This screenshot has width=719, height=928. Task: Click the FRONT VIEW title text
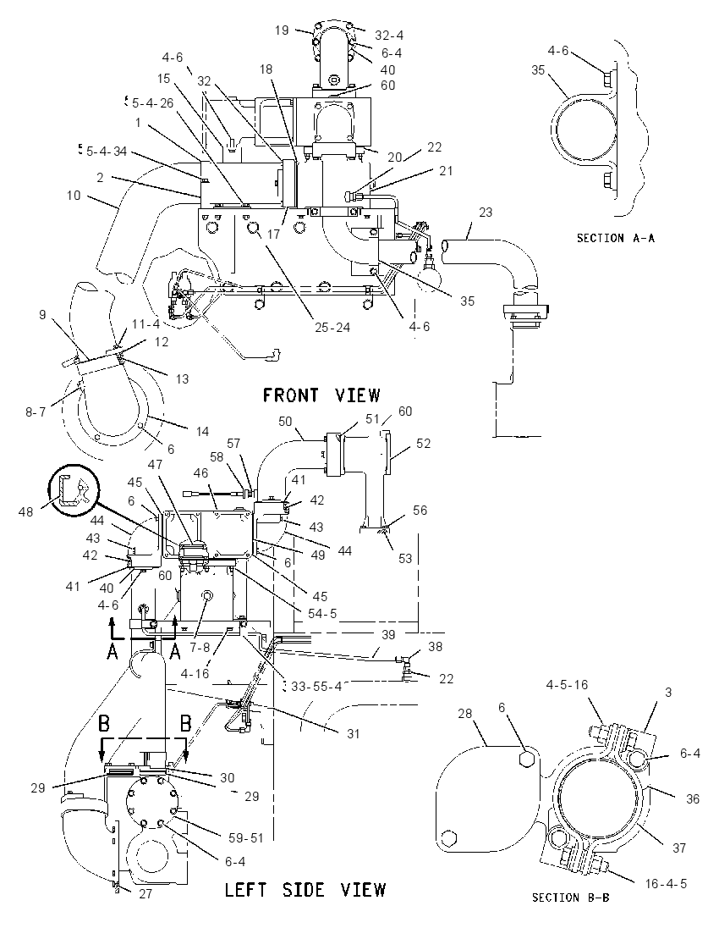321,395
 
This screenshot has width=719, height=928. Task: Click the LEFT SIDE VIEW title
305,890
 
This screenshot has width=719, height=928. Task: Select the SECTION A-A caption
616,238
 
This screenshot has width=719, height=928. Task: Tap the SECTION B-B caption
570,898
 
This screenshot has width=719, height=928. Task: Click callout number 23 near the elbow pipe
486,212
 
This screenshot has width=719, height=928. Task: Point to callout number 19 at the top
282,30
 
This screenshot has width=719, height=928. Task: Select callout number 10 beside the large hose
74,195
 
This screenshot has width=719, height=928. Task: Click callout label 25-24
332,328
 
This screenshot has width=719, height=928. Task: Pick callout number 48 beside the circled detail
25,511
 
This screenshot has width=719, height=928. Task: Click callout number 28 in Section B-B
465,713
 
